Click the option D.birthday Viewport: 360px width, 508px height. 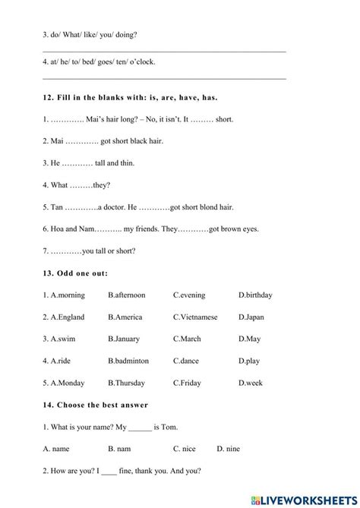click(255, 295)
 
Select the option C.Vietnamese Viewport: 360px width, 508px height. click(195, 317)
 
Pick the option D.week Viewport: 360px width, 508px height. click(250, 383)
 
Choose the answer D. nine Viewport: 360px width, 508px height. click(229, 449)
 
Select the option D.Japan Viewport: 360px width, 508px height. click(251, 317)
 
